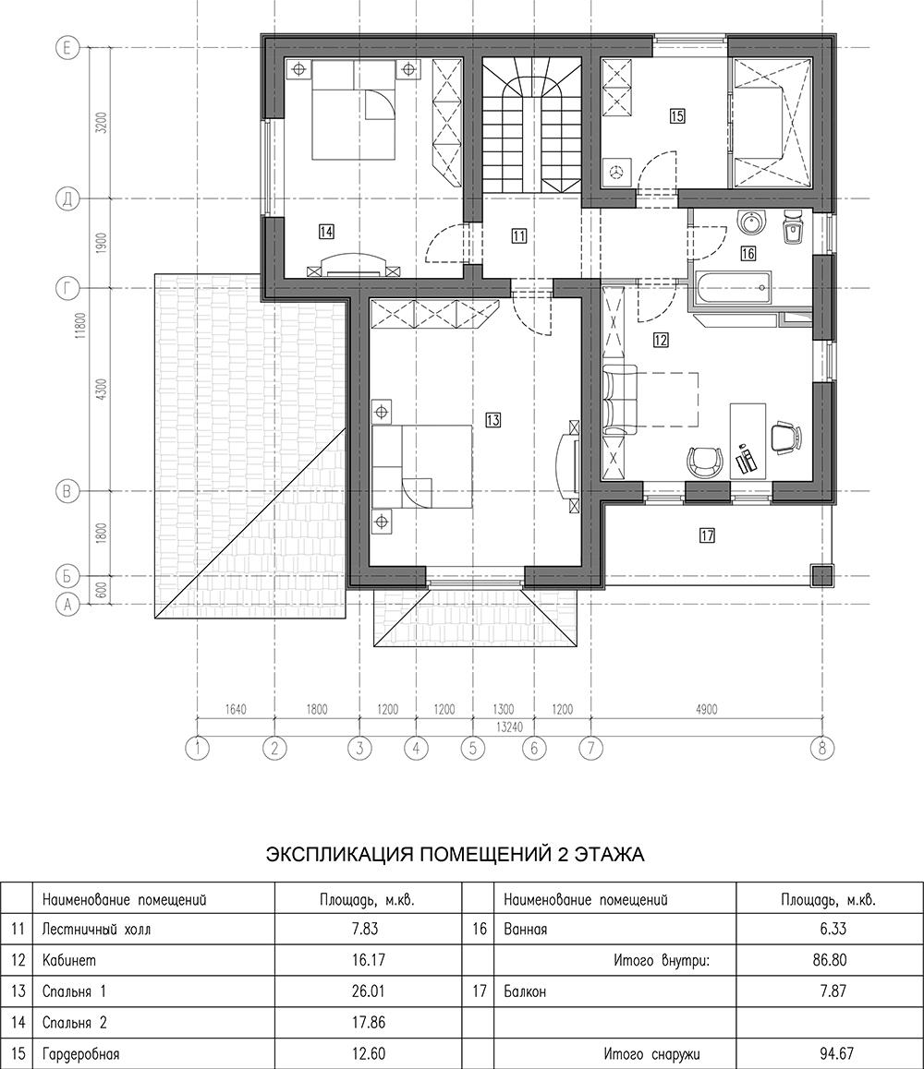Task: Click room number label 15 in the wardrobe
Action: pos(676,116)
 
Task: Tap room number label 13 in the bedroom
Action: pos(492,420)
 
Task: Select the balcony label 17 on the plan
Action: pos(707,535)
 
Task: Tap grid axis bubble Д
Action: pos(67,199)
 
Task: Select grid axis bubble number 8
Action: pos(821,748)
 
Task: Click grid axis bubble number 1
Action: pos(197,748)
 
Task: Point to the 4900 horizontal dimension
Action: pos(706,710)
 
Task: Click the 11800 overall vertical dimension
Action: pos(81,325)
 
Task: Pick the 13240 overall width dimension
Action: pos(508,727)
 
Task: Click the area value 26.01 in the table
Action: pos(369,990)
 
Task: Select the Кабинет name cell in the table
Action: pos(69,960)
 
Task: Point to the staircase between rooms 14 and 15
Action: pos(531,126)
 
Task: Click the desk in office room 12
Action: pos(748,439)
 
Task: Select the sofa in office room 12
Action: pos(619,401)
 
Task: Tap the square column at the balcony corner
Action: pos(822,576)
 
